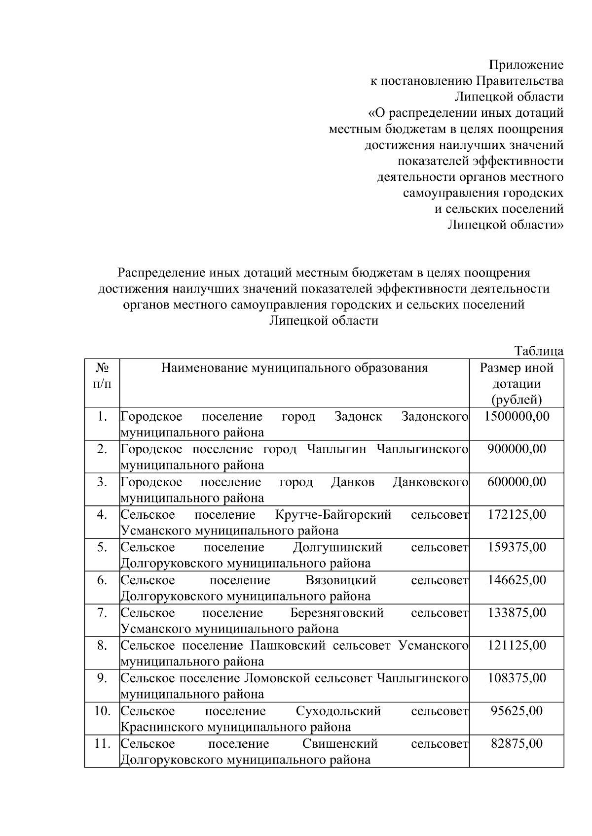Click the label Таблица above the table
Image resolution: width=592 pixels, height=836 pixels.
pyautogui.click(x=539, y=351)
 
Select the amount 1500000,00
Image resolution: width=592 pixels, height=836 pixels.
pyautogui.click(x=517, y=416)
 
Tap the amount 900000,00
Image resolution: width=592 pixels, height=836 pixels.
pyautogui.click(x=517, y=449)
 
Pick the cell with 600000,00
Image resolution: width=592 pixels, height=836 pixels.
pyautogui.click(x=517, y=482)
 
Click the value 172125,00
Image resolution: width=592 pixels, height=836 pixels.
pyautogui.click(x=517, y=515)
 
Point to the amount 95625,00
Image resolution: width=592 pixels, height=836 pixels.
pyautogui.click(x=517, y=711)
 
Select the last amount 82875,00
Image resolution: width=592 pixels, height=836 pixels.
pyautogui.click(x=517, y=743)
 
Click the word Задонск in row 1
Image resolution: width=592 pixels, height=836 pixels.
pyautogui.click(x=358, y=417)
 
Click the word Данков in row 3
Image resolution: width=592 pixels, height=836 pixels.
pyautogui.click(x=353, y=482)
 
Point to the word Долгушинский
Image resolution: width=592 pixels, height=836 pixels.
pyautogui.click(x=337, y=548)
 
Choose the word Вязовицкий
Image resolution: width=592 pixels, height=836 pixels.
pyautogui.click(x=340, y=580)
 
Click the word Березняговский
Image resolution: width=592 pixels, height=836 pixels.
pyautogui.click(x=337, y=613)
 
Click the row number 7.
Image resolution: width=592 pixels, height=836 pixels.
pyautogui.click(x=102, y=613)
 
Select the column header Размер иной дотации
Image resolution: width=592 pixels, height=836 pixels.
pyautogui.click(x=517, y=383)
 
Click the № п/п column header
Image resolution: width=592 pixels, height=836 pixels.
pyautogui.click(x=102, y=375)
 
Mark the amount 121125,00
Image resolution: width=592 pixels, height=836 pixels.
pyautogui.click(x=517, y=645)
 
